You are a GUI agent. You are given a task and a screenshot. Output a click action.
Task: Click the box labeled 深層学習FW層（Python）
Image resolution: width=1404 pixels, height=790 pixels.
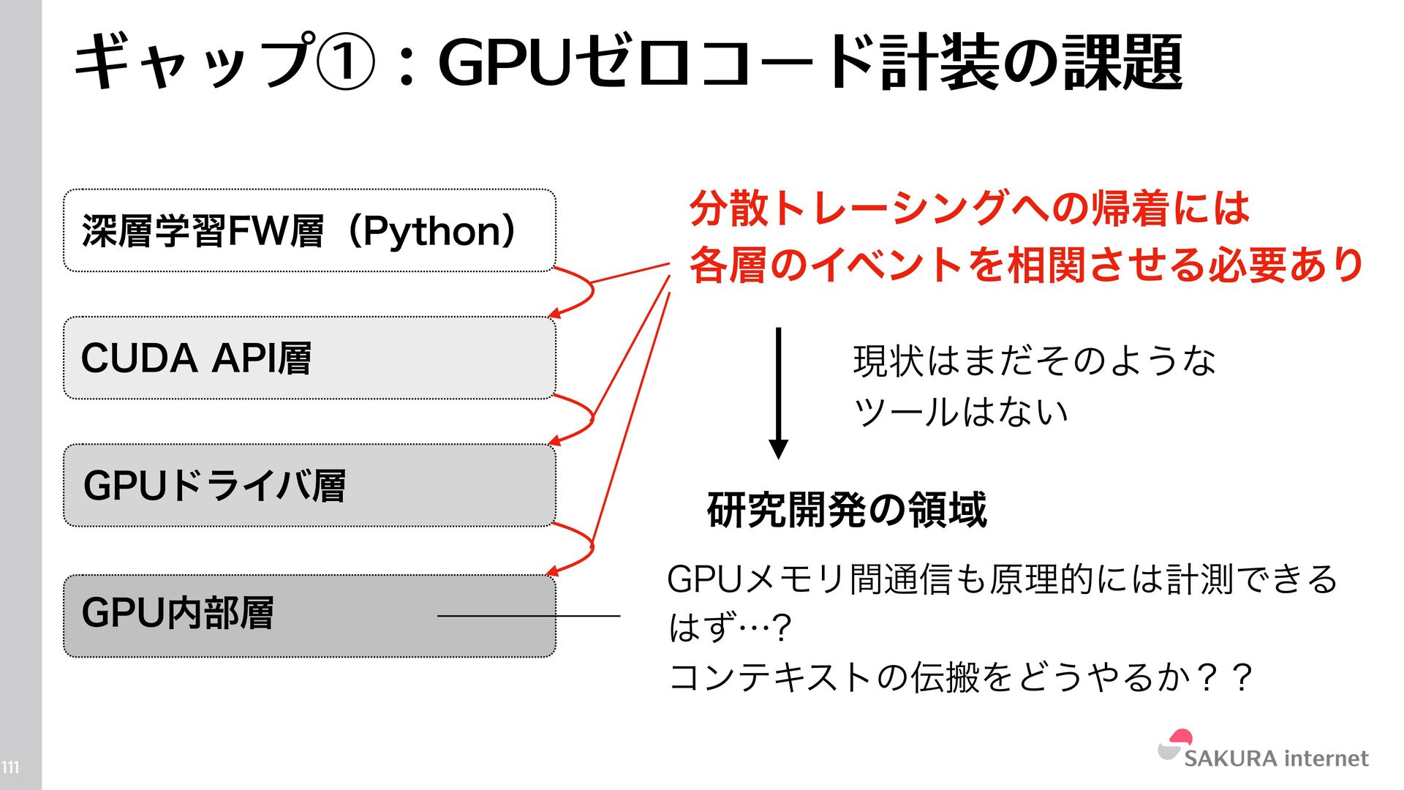[x=309, y=230]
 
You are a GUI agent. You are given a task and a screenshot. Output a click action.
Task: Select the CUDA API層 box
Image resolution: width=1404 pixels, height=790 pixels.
[x=309, y=358]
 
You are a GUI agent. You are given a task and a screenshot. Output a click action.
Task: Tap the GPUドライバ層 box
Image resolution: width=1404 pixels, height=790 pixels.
[x=309, y=485]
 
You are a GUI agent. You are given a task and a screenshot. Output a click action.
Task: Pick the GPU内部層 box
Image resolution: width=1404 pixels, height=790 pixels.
[x=309, y=615]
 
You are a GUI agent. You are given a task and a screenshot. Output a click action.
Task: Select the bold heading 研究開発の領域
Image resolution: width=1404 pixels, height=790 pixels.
[x=846, y=510]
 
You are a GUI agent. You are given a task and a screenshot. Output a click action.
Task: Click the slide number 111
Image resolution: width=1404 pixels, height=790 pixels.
[x=10, y=767]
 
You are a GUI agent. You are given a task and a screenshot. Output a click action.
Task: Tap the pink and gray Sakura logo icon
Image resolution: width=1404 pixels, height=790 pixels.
[x=1175, y=745]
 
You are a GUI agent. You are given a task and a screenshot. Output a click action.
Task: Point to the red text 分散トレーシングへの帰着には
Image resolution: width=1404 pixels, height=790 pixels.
[x=970, y=208]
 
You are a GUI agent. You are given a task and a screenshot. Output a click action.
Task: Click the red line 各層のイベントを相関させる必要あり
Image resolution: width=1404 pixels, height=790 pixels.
[x=1026, y=264]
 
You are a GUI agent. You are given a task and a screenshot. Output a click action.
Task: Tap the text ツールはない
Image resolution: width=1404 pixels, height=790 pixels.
[x=960, y=412]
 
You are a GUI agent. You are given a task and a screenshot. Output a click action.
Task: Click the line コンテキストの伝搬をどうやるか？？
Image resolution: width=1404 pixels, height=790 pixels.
[x=961, y=677]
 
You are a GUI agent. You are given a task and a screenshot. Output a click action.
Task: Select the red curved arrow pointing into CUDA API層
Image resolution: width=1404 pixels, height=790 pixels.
[x=581, y=293]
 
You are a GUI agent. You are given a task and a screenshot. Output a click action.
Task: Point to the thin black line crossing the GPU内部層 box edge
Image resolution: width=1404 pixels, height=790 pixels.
[x=528, y=616]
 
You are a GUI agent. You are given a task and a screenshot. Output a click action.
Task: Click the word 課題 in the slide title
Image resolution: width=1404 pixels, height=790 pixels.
[x=1122, y=63]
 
